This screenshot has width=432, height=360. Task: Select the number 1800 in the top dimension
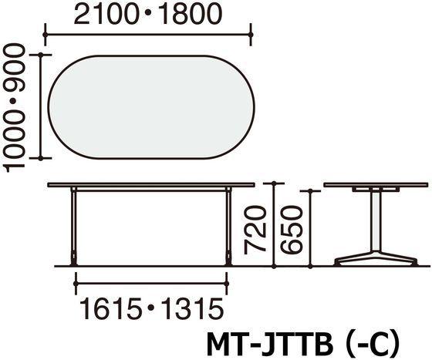coord(184,13)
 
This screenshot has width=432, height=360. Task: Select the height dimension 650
coord(292,229)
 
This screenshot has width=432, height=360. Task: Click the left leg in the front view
coord(73,227)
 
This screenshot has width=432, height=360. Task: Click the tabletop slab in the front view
coord(150,186)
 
